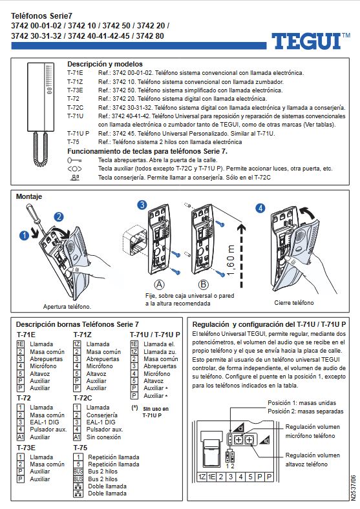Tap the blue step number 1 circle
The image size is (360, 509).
(x=25, y=236)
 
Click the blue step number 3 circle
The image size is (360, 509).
(x=142, y=205)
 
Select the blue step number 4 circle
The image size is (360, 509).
(x=260, y=209)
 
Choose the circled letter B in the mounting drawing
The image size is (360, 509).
(x=203, y=284)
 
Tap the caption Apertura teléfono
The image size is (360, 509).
(x=67, y=306)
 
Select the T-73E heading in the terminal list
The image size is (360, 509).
(x=26, y=447)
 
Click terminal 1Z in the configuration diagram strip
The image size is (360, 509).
(x=202, y=477)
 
